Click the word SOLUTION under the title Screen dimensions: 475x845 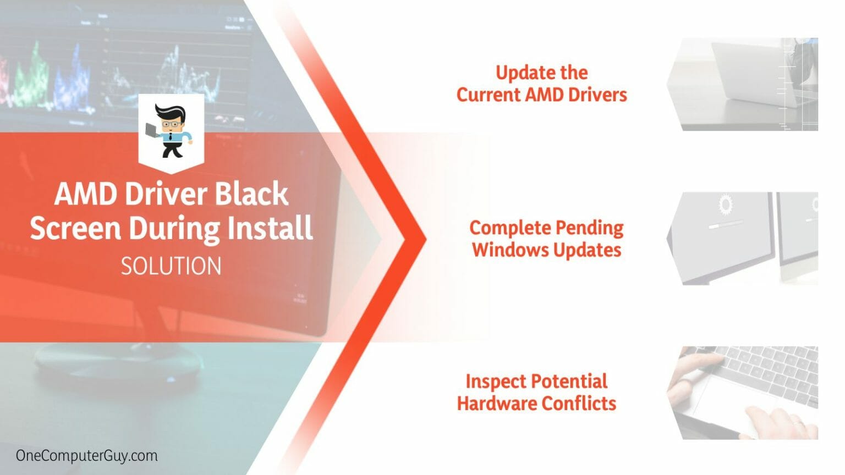(171, 267)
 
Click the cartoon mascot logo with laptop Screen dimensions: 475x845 (171, 131)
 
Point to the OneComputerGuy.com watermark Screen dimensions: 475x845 (86, 456)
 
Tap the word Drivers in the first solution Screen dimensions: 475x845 (597, 95)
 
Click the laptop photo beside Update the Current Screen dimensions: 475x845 (743, 84)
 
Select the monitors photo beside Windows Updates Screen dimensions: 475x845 (743, 238)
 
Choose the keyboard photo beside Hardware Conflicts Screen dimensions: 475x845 (743, 393)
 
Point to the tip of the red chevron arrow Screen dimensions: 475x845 (424, 239)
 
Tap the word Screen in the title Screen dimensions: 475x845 (75, 228)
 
